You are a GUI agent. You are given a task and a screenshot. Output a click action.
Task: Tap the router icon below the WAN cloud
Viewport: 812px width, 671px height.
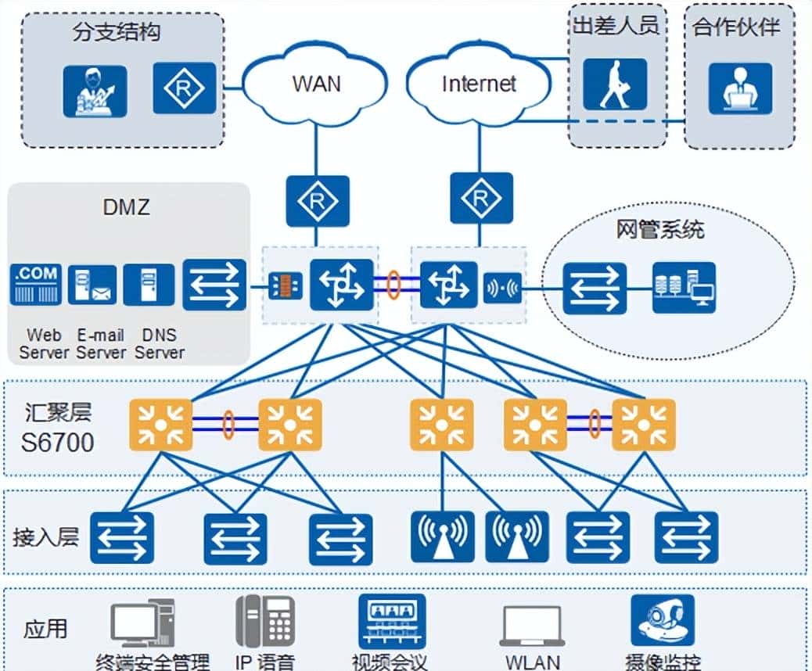pos(317,200)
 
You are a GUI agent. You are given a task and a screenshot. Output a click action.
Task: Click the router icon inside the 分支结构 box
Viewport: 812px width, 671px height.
pos(183,89)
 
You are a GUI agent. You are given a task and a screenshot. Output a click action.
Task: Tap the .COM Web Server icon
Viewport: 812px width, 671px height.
pos(36,285)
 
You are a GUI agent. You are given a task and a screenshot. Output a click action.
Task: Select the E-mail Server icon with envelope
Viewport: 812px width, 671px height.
pos(92,285)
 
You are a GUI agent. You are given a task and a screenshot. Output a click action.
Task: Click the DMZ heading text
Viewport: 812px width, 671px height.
pos(126,208)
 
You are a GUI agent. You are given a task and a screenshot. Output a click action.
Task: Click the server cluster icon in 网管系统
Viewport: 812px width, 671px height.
pos(684,287)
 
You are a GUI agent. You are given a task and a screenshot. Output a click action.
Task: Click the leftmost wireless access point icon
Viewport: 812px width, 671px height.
pos(443,537)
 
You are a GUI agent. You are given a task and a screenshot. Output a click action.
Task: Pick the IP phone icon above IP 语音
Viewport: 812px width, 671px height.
pos(265,621)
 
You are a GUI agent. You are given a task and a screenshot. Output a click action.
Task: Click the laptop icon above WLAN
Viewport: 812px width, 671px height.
pos(532,626)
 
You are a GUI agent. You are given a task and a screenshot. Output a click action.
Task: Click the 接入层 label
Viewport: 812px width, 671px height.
pos(46,537)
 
